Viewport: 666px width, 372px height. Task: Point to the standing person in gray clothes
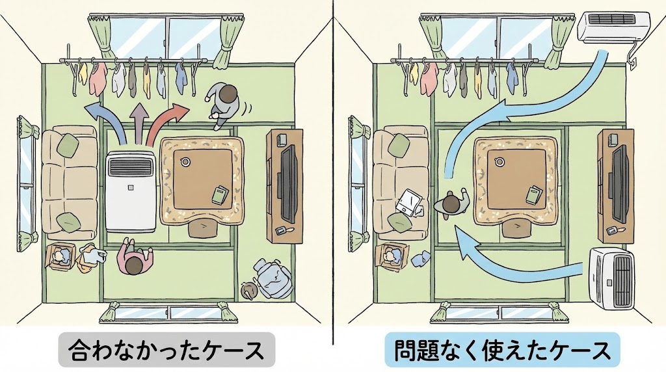224,103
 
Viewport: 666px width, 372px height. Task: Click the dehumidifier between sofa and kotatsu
131,191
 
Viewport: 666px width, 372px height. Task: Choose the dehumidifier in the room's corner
611,278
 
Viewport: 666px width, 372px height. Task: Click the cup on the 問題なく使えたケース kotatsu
500,162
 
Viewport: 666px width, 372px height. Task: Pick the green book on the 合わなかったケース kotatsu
220,194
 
